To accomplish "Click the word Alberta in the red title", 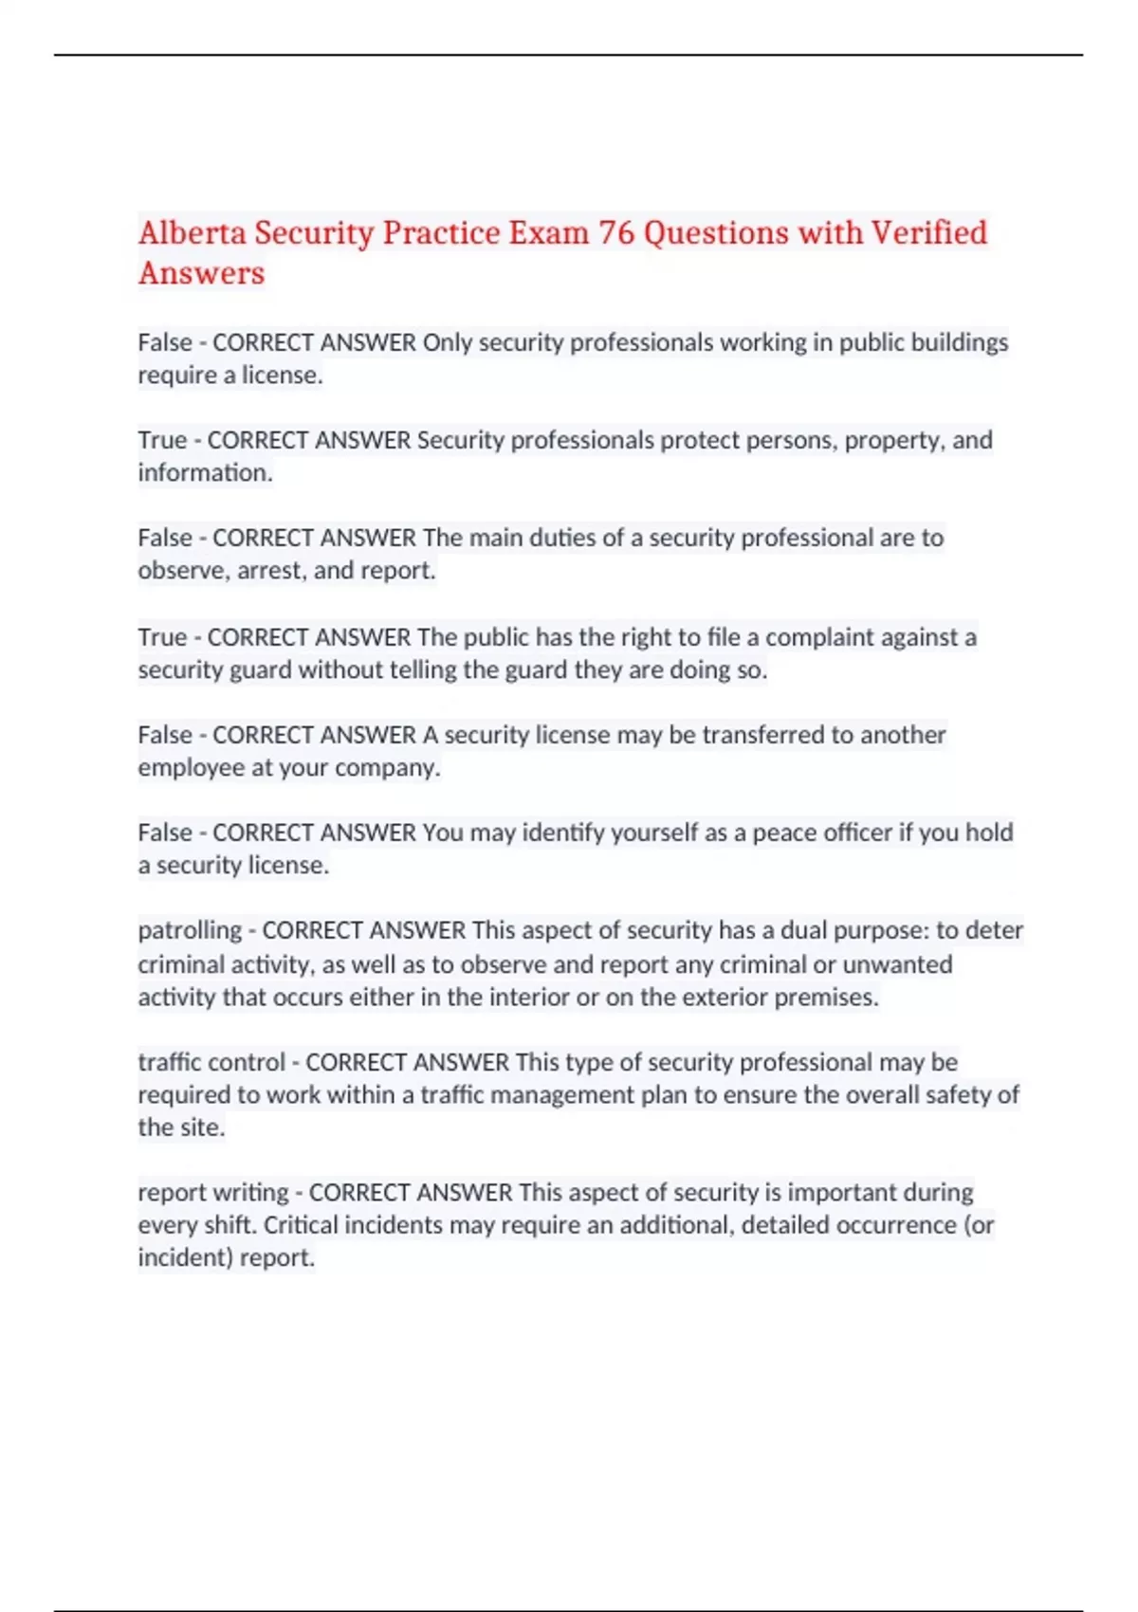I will click(x=193, y=232).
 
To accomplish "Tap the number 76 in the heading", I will click(x=615, y=232).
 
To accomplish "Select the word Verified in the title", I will click(x=928, y=232).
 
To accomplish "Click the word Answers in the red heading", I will click(x=201, y=273).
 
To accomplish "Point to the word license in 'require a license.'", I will click(x=282, y=376).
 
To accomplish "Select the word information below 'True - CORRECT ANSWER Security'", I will click(x=205, y=473).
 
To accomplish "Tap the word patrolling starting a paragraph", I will click(x=190, y=930).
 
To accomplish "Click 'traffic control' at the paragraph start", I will click(x=211, y=1062).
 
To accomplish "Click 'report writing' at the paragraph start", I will click(x=213, y=1192).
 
